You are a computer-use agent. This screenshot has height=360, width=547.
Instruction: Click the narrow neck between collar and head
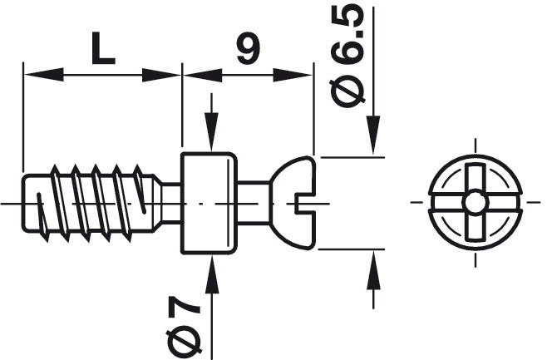249,202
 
